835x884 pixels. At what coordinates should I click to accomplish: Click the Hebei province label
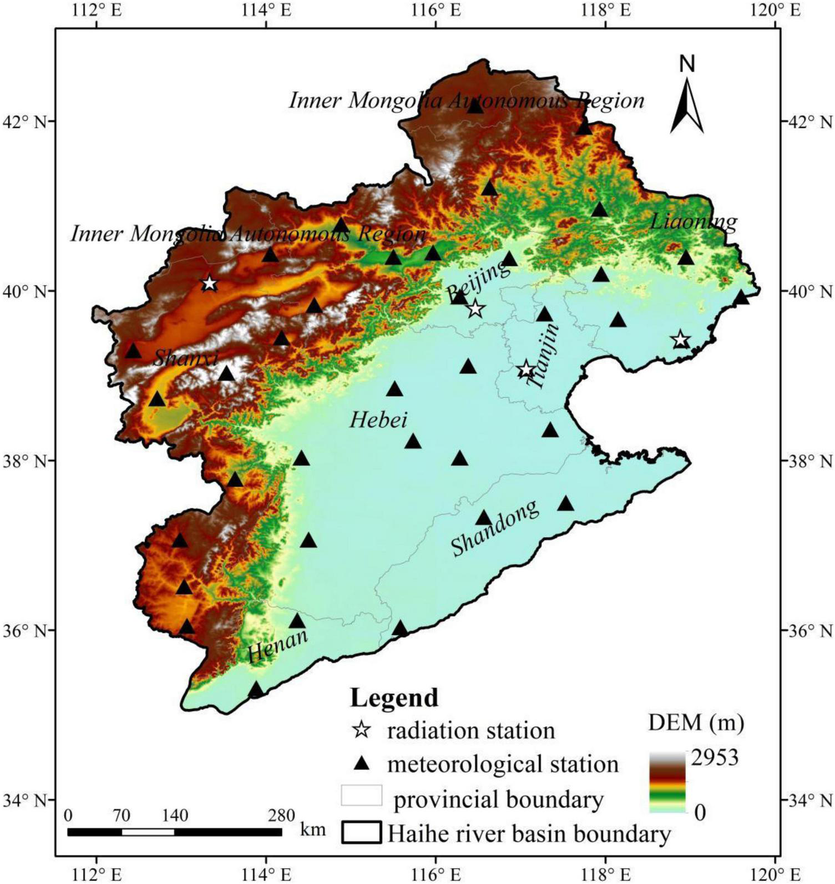378,420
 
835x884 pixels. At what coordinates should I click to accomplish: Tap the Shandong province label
494,528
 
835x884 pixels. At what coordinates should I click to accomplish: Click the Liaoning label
694,223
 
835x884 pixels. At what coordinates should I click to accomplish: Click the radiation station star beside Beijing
475,309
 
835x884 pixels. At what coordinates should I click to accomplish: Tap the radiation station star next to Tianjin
526,370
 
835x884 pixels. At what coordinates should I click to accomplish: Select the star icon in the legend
362,730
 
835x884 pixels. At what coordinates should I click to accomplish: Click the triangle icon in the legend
362,764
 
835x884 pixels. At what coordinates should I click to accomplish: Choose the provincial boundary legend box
362,795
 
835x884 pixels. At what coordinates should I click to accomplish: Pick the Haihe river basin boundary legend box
362,832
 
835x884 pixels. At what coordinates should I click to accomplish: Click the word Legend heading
394,698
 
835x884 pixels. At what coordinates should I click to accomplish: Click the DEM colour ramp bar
667,782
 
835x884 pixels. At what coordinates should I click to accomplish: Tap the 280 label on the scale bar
281,816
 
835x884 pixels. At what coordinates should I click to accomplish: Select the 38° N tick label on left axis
34,461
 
